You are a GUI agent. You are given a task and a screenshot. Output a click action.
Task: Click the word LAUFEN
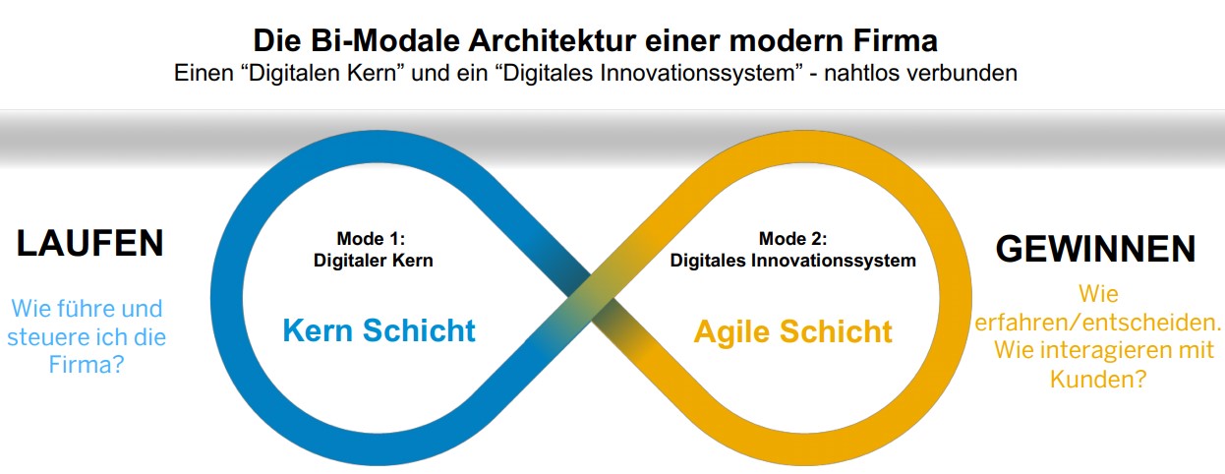tap(90, 243)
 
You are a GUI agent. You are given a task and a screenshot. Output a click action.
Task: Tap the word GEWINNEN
tap(1095, 249)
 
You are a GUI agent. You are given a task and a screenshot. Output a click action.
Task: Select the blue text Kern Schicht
tap(379, 330)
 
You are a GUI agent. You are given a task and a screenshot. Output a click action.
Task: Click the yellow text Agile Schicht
tap(793, 331)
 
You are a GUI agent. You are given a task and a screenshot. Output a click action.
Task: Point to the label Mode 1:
tap(371, 238)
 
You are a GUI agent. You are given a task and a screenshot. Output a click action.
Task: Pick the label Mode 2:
tap(793, 238)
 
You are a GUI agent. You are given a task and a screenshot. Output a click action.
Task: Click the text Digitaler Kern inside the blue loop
tap(373, 261)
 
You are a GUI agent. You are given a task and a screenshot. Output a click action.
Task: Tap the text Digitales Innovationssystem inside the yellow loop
tap(793, 261)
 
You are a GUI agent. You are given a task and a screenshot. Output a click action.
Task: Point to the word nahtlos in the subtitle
tap(861, 73)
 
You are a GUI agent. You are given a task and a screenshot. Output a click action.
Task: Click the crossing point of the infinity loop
tap(591, 298)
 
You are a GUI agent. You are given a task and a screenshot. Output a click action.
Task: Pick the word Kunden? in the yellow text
tap(1098, 379)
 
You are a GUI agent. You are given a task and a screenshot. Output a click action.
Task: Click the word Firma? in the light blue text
tap(87, 364)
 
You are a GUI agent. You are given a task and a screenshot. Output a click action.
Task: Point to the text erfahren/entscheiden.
tap(1098, 323)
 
